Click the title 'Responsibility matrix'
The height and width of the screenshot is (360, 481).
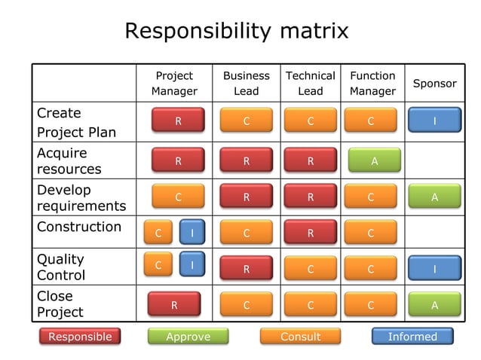[236, 31]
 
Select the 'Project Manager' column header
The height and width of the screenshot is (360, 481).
[174, 84]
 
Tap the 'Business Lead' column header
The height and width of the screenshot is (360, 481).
[246, 84]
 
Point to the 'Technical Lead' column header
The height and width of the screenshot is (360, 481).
[310, 84]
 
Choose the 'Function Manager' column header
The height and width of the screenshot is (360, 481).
[372, 84]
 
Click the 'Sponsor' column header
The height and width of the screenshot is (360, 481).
[434, 84]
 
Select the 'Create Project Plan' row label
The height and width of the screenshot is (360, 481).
[76, 123]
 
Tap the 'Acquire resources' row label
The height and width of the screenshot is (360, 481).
[69, 161]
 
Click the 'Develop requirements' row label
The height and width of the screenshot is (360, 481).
[81, 198]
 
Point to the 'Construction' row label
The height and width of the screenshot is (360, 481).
[78, 227]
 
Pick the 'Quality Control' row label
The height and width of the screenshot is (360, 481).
[61, 267]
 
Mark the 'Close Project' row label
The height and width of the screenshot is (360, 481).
[60, 304]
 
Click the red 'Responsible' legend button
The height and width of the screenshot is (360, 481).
[80, 337]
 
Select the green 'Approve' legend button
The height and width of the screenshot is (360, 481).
[188, 337]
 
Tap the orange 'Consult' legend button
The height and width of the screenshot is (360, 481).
[300, 337]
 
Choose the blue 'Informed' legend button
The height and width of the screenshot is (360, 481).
[412, 337]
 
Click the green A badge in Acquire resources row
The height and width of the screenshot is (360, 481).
[374, 160]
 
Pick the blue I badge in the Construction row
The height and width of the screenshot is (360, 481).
[192, 233]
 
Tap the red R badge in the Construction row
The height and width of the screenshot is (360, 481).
[310, 233]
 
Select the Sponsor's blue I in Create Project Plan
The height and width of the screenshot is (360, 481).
[434, 121]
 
